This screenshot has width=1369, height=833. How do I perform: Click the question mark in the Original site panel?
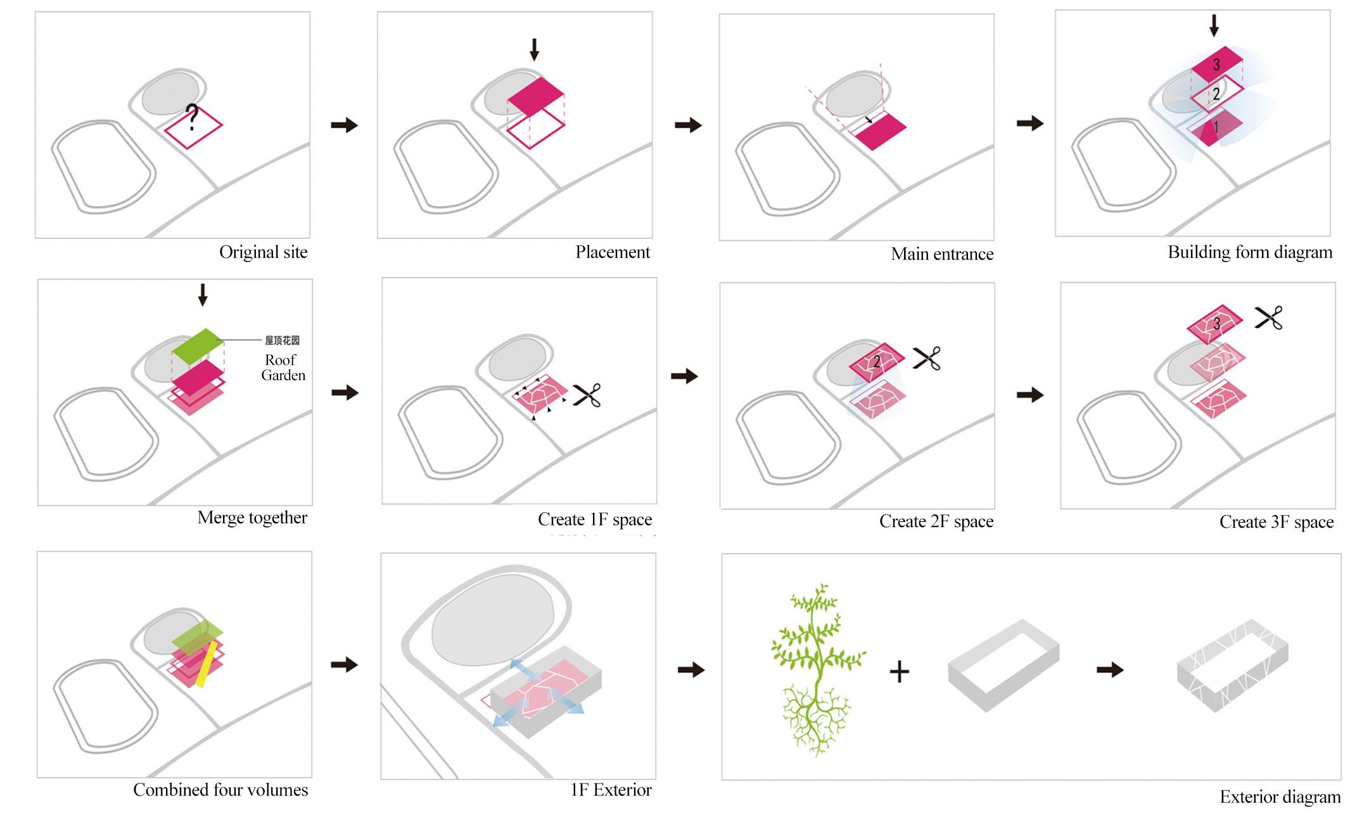pos(192,117)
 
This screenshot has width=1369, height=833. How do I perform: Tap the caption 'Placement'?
pos(612,252)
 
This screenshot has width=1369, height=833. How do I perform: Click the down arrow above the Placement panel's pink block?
pos(534,49)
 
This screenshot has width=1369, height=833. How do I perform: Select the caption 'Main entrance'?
pos(941,254)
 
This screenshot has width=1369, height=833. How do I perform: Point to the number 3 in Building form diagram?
pos(1216,64)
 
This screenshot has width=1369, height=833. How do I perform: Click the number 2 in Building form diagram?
pos(1216,94)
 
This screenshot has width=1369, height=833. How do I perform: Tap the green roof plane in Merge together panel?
pos(198,345)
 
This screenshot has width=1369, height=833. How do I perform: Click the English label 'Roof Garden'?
pos(283,367)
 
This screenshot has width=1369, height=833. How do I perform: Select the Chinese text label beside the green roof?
pos(282,340)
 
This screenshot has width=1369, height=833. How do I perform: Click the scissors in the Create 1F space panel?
pos(587,395)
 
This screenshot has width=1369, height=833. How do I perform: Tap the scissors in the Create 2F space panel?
pos(926,359)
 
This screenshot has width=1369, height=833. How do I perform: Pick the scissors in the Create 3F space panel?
pos(1268,317)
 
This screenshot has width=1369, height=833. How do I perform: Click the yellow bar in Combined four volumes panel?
pos(207,663)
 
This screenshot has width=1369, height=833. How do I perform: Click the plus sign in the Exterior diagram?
pos(899,671)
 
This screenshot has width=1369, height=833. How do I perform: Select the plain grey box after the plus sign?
pos(1003,665)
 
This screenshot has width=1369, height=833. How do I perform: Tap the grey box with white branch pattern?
pos(1232,665)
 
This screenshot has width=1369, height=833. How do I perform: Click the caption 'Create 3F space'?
pos(1276,522)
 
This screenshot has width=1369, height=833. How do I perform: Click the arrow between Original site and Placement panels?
pos(344,125)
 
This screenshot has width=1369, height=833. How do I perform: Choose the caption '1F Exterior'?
pos(611,790)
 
